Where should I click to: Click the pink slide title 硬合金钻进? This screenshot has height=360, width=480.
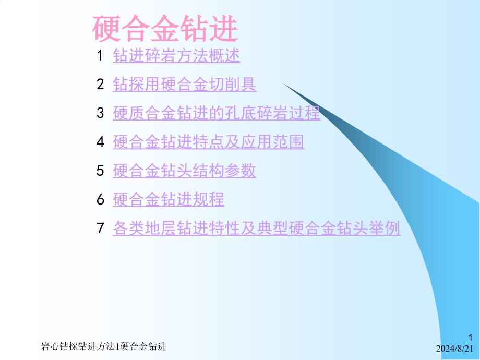165,29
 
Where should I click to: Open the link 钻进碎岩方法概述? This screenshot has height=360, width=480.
176,55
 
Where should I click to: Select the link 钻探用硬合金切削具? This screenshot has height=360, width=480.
184,84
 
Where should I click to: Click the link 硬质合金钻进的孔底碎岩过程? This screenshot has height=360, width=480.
217,113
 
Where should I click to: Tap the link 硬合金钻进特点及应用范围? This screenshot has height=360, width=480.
208,142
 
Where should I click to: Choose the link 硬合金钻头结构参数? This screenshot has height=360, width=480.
184,171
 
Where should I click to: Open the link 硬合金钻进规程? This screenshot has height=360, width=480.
169,199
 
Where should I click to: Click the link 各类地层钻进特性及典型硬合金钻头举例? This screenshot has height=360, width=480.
257,228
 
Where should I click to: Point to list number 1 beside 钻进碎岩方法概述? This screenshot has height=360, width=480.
100,56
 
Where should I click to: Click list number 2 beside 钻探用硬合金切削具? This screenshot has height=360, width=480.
100,85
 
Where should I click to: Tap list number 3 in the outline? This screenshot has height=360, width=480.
100,113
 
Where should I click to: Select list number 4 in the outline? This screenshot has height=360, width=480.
100,142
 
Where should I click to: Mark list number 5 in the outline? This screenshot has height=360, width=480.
100,171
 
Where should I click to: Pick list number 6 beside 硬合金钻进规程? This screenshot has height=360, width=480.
100,200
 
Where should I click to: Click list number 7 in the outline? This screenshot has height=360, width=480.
100,229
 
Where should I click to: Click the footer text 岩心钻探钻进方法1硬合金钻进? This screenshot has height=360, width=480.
103,346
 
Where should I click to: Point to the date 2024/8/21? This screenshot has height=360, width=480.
454,349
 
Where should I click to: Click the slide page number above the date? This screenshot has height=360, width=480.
471,338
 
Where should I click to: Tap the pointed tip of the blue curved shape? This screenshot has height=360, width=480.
283,83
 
